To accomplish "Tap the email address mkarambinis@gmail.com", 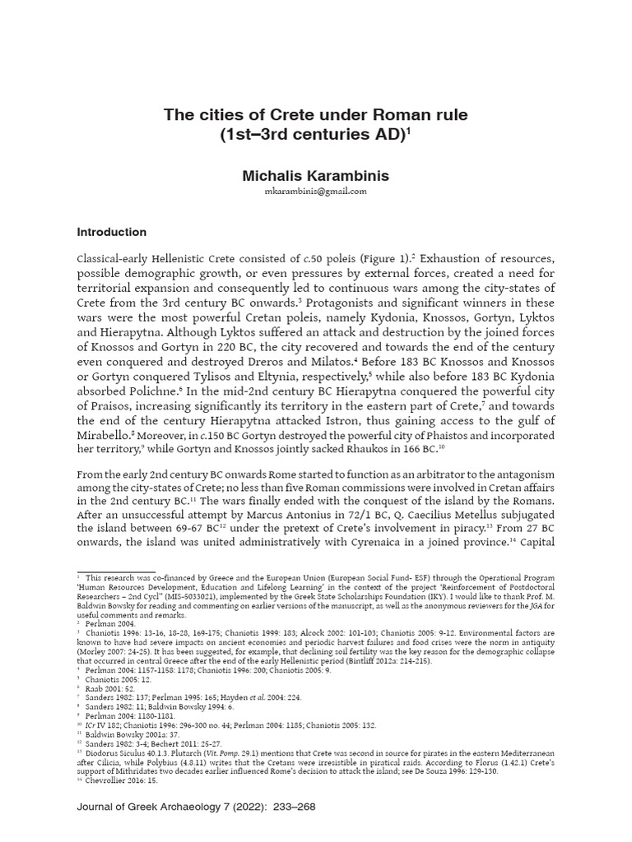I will (316, 192).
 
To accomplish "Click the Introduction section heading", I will (111, 232).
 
